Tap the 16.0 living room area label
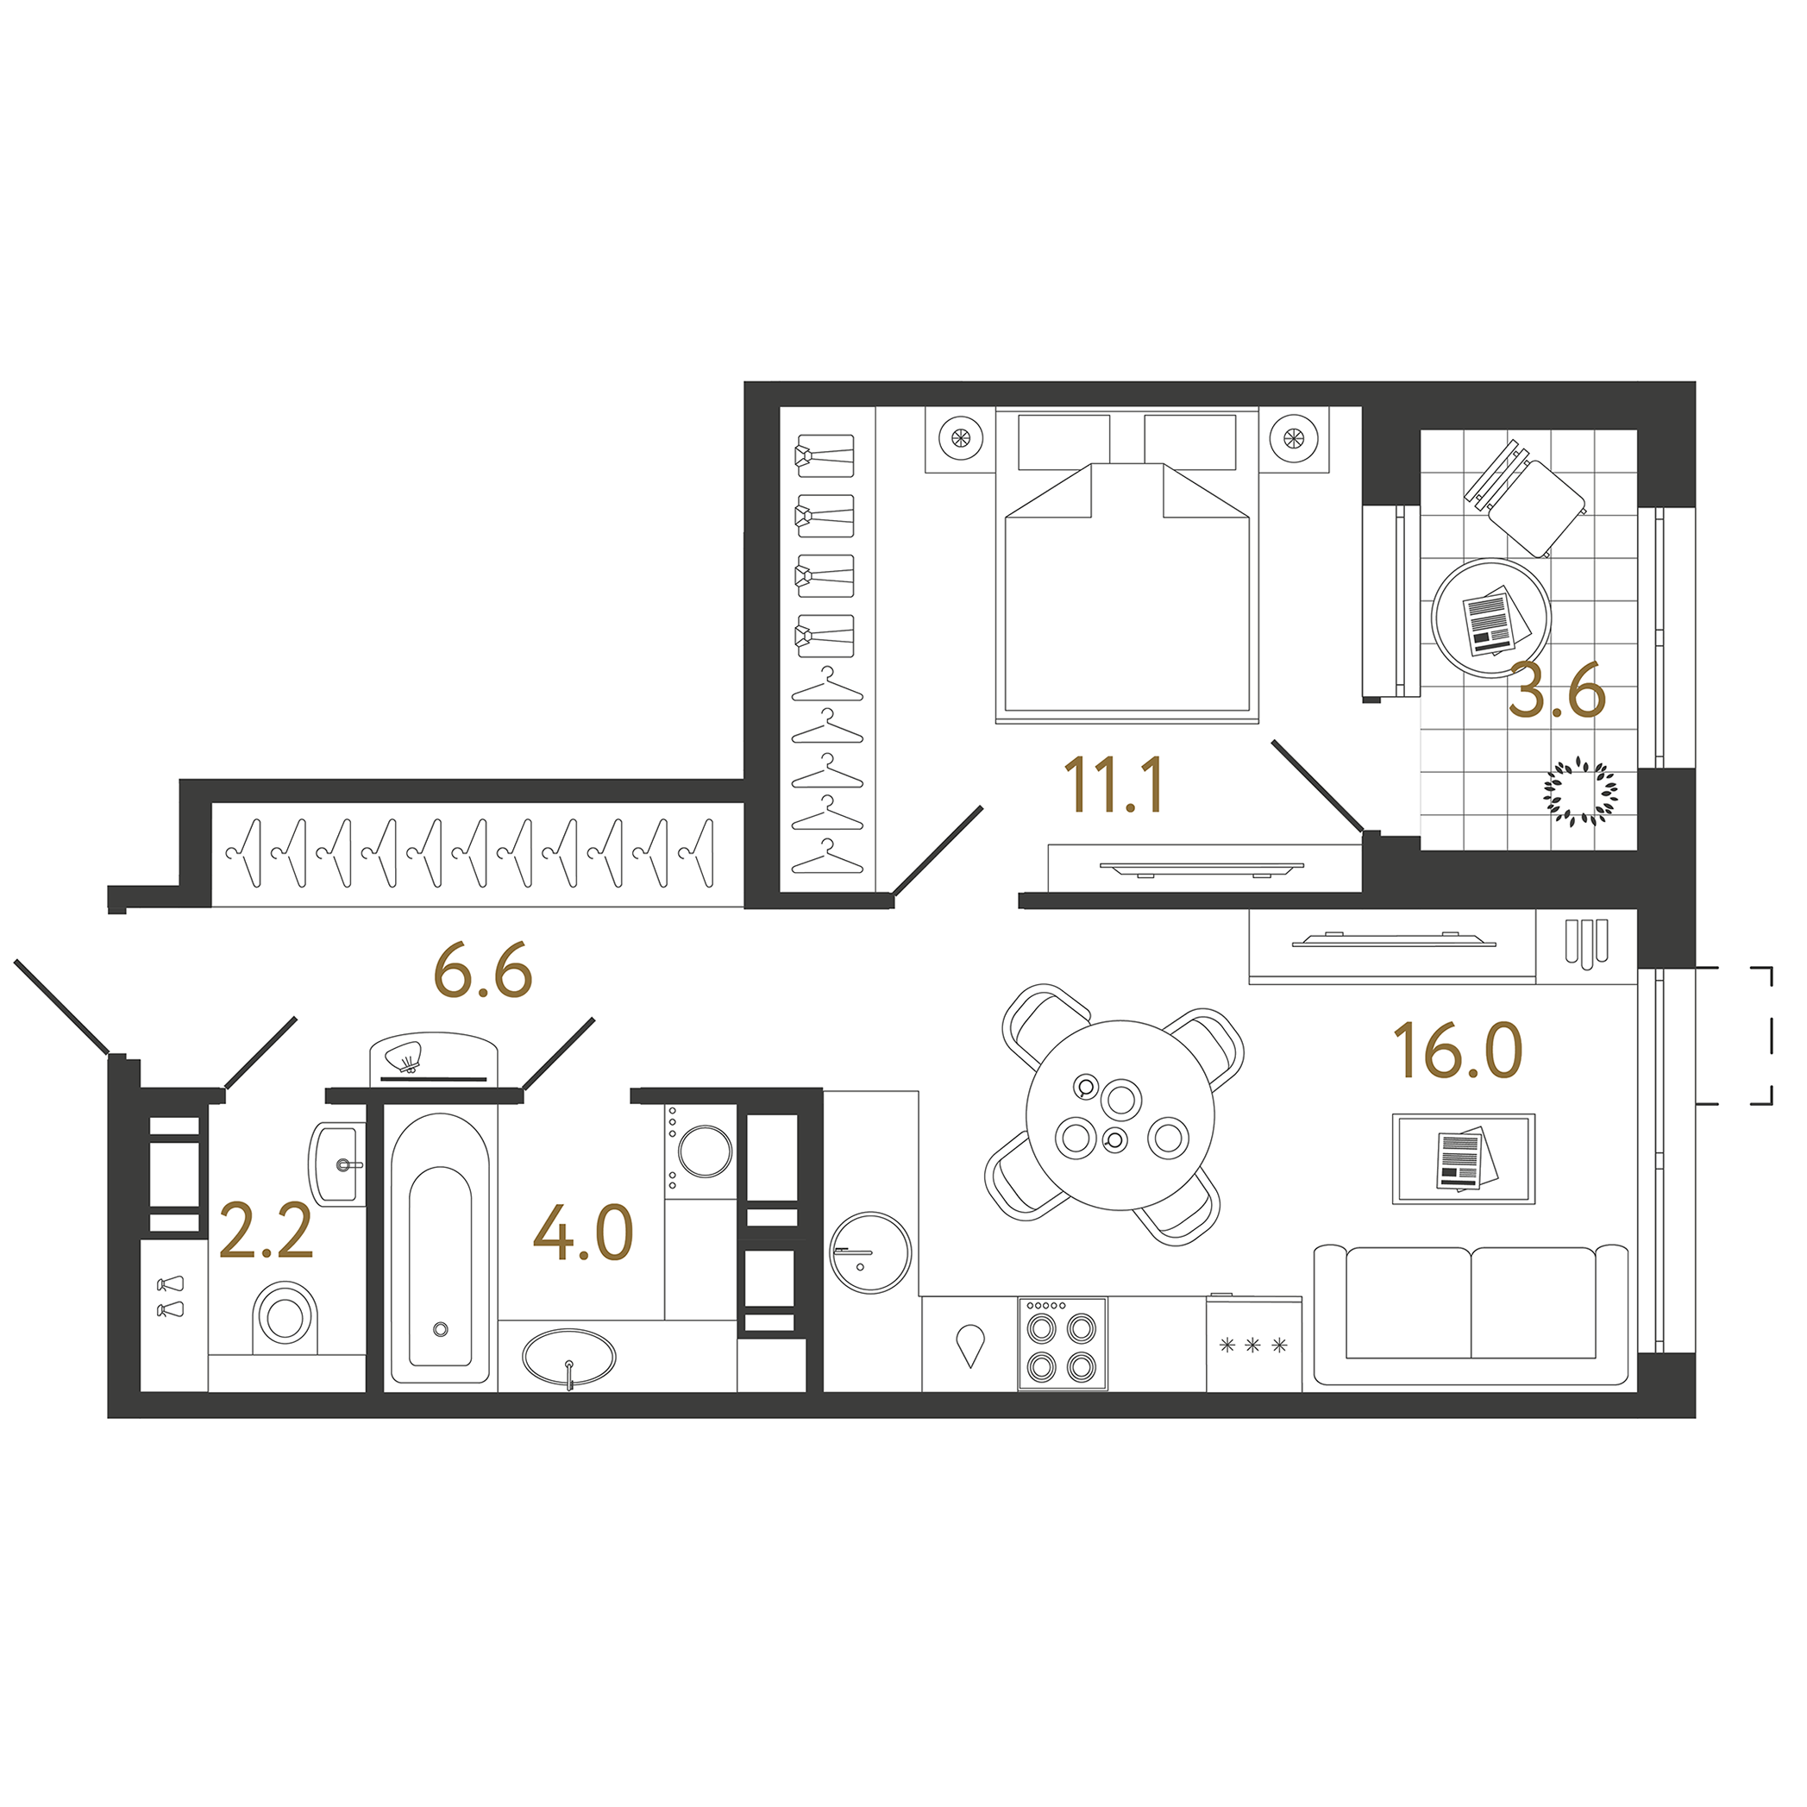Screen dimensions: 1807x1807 pos(1457,1051)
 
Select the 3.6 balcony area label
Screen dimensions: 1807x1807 pos(1556,691)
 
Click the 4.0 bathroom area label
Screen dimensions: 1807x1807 pos(583,1233)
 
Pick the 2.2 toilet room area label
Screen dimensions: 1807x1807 pos(266,1231)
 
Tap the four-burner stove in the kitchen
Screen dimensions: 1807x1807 pos(1062,1343)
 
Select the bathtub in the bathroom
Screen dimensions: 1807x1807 pos(441,1249)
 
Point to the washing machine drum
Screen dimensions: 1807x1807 pos(706,1151)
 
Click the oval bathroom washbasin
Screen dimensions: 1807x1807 pos(568,1356)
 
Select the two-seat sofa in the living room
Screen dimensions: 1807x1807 pos(1471,1315)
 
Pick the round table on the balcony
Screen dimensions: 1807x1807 pos(1490,618)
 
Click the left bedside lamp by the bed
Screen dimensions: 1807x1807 pos(961,436)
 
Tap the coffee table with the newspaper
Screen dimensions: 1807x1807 pos(1463,1158)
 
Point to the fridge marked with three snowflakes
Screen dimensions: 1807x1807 pos(1253,1344)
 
